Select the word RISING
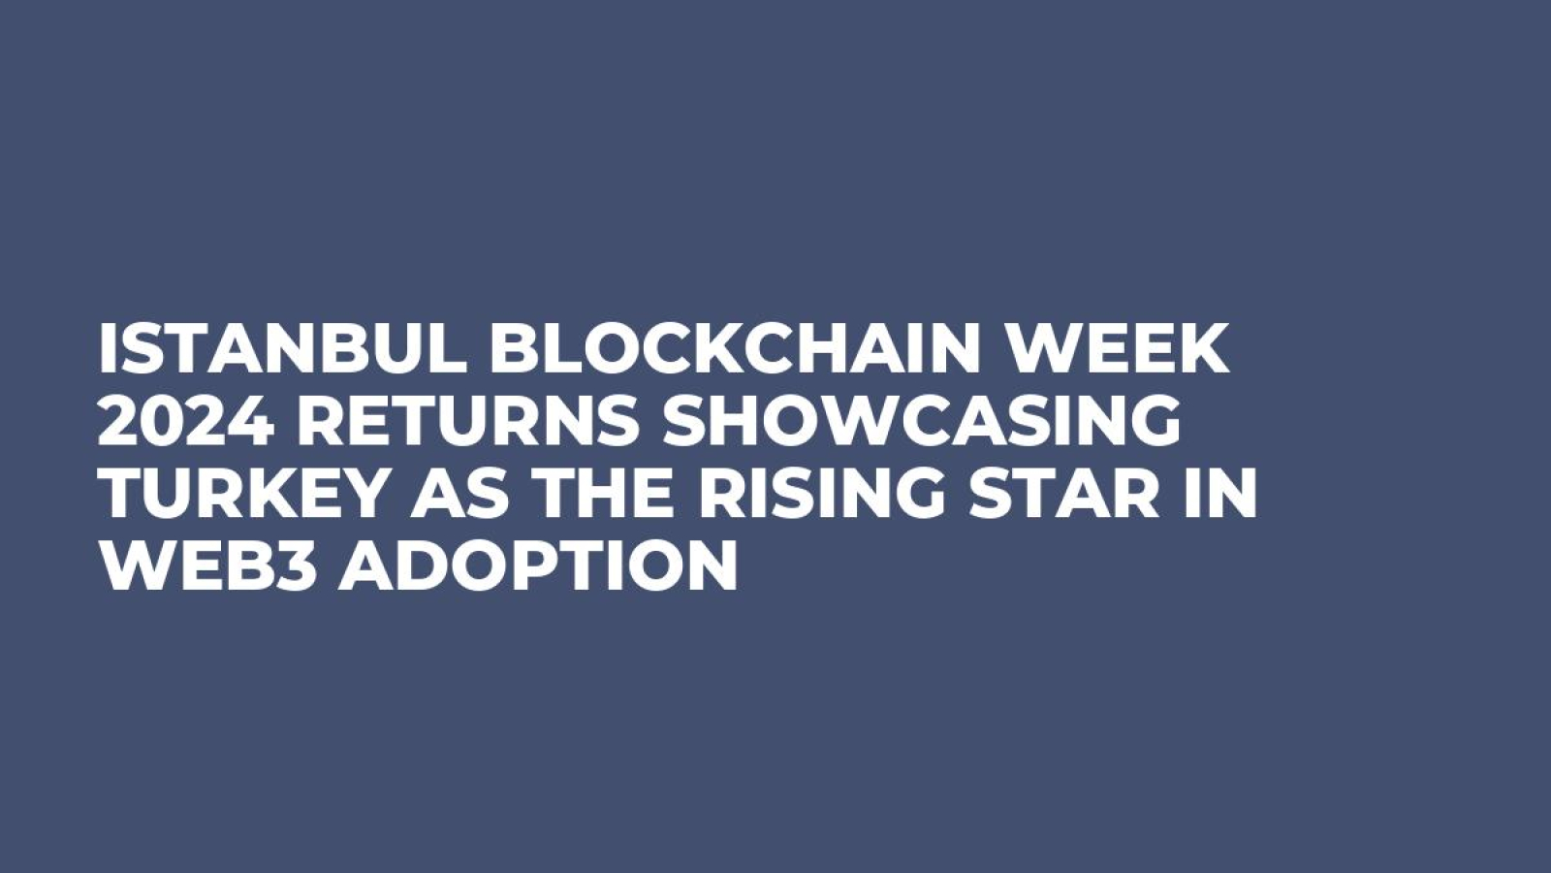tap(819, 494)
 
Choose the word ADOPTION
tap(537, 566)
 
